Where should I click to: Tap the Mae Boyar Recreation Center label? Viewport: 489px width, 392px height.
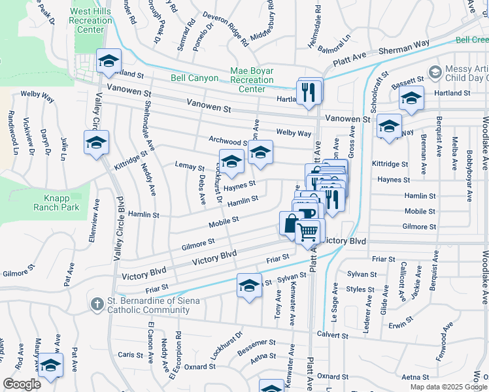(x=252, y=80)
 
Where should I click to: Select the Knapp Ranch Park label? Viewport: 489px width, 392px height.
(x=57, y=202)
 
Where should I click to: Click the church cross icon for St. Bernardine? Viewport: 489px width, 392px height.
(x=97, y=304)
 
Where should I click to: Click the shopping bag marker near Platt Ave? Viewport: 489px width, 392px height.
(x=290, y=223)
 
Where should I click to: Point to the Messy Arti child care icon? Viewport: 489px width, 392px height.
(x=435, y=71)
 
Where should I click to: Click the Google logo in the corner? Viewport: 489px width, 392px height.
(x=21, y=384)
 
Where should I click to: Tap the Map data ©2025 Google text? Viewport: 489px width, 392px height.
(x=448, y=387)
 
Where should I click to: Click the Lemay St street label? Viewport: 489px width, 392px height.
(x=190, y=167)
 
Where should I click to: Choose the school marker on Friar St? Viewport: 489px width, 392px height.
(x=248, y=286)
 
